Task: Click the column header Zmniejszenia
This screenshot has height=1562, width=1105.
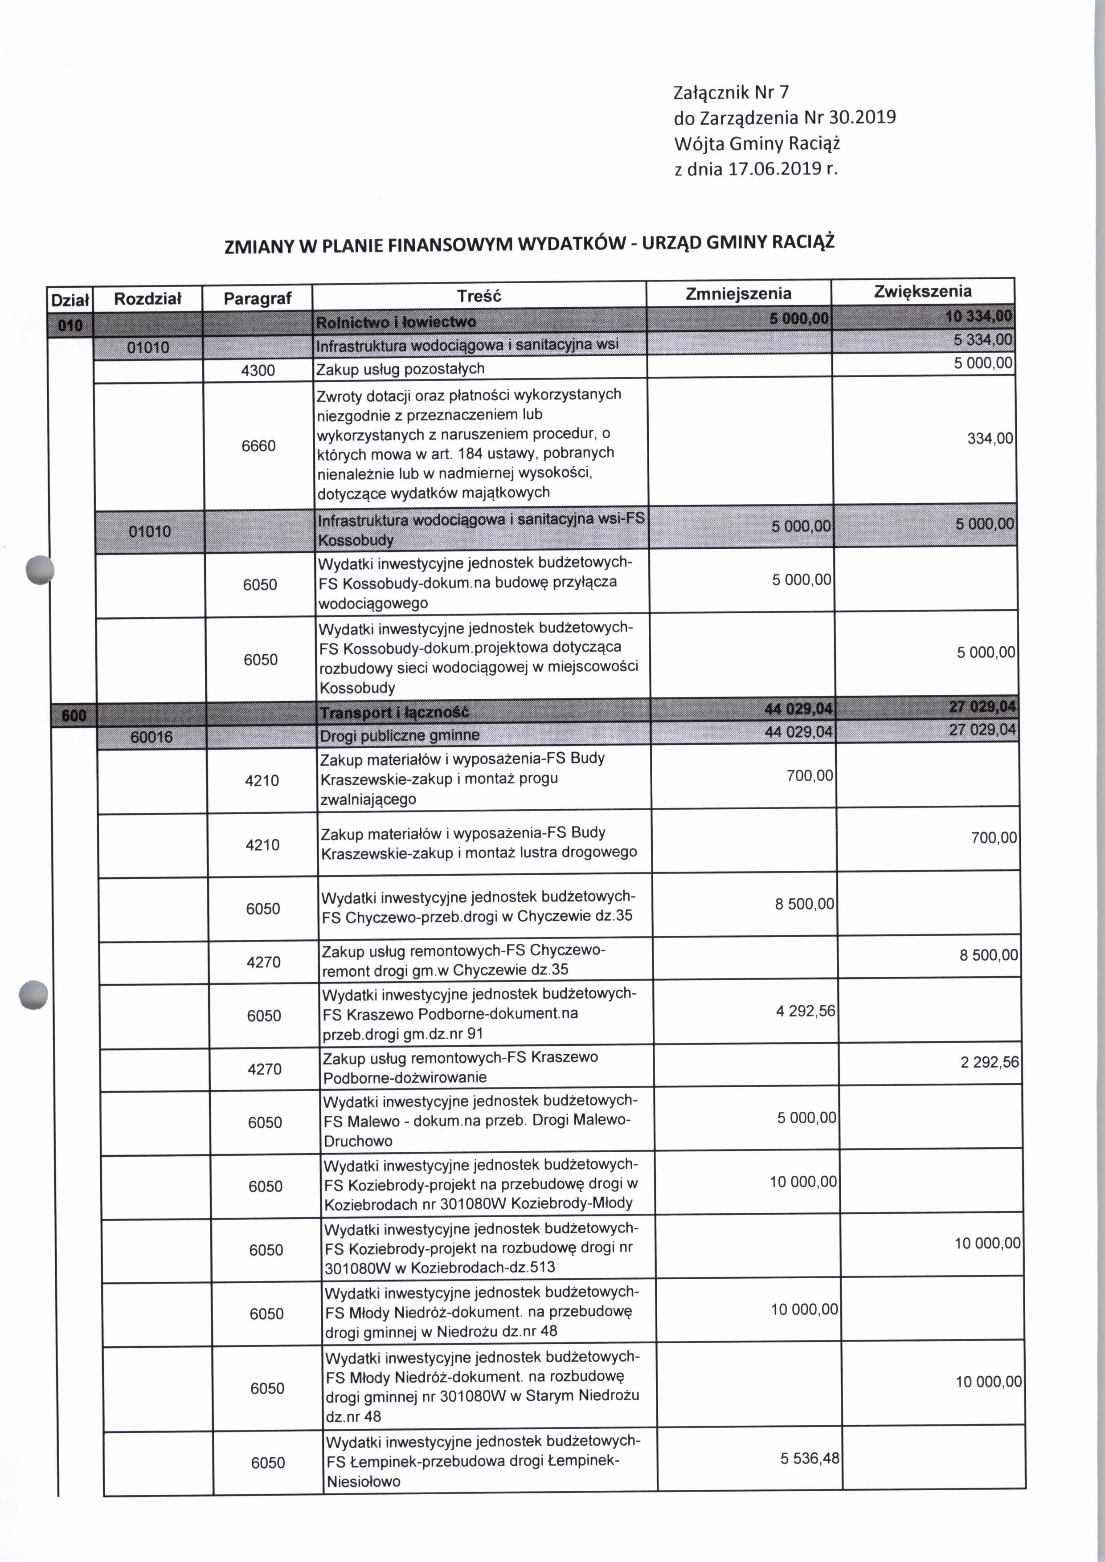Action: [x=738, y=294]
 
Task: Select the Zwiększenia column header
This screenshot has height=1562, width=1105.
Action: [x=923, y=292]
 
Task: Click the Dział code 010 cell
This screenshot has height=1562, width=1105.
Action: [x=70, y=325]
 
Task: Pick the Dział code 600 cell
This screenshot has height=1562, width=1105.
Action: [x=74, y=715]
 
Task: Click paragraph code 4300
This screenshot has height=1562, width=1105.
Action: [x=258, y=371]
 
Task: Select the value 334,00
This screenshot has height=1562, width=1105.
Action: [x=990, y=439]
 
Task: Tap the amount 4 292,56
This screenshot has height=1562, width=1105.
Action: [x=805, y=1011]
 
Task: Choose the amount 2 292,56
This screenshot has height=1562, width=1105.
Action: [x=989, y=1062]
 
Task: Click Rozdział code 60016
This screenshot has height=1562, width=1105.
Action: [x=151, y=737]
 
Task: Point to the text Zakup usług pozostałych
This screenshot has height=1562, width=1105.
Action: [x=400, y=369]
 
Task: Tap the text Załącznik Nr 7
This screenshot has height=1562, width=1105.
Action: [x=731, y=92]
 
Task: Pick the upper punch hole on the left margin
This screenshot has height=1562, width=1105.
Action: [x=39, y=569]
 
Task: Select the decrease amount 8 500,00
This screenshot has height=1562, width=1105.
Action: [x=804, y=904]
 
